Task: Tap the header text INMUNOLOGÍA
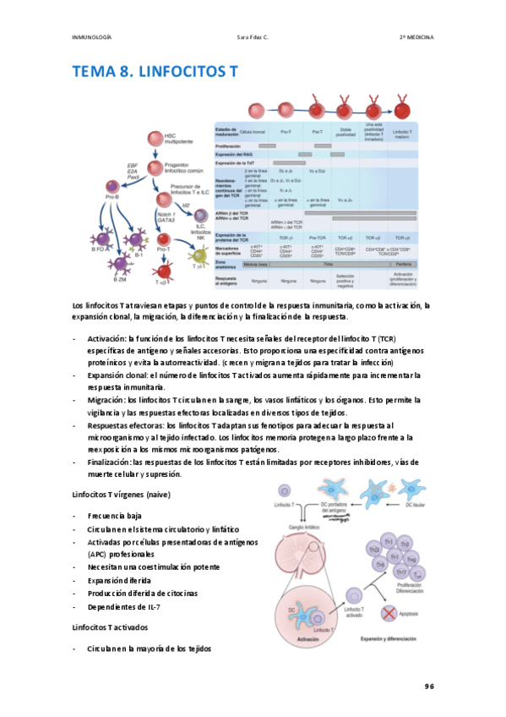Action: tap(92, 37)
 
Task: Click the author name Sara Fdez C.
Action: tap(253, 37)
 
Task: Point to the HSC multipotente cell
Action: tap(155, 140)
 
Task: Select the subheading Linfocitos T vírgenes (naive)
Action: tap(122, 493)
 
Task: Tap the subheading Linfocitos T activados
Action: tap(111, 627)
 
